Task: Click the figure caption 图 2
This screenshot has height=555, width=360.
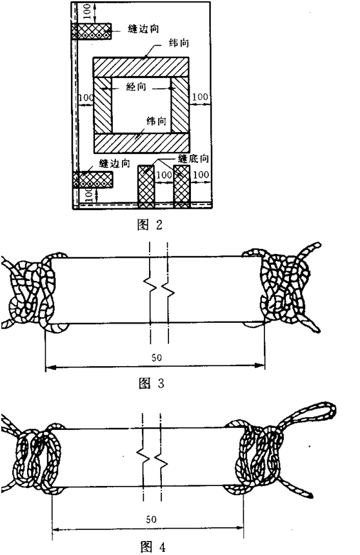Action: (150, 224)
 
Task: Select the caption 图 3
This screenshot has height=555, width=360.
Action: (152, 384)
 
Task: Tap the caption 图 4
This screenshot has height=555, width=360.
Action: (153, 547)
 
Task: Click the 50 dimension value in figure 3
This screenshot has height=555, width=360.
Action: (156, 358)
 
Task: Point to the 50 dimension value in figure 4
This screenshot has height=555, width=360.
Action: (152, 520)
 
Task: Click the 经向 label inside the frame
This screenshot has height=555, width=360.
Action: (136, 86)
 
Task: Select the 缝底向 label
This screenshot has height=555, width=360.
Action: (194, 159)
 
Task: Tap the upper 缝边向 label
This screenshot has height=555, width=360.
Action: (143, 29)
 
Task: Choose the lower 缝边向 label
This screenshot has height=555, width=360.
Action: (114, 164)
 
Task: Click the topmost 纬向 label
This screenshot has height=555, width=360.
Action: (179, 43)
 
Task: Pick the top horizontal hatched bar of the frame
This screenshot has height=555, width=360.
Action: (141, 67)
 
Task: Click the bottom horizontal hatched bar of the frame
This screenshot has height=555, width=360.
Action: (142, 143)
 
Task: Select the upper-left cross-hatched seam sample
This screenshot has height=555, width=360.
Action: (91, 31)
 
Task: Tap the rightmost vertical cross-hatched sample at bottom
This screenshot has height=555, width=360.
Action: (182, 186)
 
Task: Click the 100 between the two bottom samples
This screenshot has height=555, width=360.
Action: (164, 175)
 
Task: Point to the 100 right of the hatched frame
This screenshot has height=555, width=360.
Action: (200, 97)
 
